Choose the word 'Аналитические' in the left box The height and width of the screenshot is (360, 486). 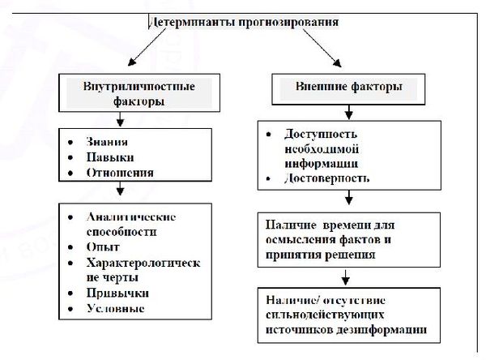click(x=130, y=217)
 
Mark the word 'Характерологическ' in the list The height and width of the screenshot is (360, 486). click(x=143, y=263)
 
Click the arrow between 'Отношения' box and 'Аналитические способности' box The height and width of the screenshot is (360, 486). click(x=120, y=191)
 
